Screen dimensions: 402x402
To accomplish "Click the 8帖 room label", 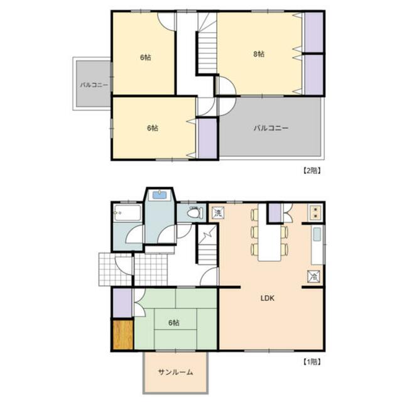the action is tap(259, 54).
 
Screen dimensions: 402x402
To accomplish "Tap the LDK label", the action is tap(268, 298).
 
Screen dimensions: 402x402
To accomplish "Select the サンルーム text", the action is tap(175, 372).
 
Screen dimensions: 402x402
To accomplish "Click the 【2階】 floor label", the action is tap(312, 171).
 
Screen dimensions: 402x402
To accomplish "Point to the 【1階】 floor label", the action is tap(312, 362).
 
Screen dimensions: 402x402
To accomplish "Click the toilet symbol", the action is tap(195, 213).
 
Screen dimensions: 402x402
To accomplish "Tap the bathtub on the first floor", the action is tap(128, 213).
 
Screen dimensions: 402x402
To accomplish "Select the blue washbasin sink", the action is tap(160, 195).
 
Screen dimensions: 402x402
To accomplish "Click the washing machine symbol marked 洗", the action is tap(218, 213).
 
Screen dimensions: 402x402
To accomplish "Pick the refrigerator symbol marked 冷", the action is tap(314, 276).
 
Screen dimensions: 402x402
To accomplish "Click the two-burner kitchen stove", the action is tap(315, 212).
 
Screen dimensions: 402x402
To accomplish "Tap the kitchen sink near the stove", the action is tap(317, 234).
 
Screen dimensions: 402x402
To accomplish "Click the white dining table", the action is tap(269, 232).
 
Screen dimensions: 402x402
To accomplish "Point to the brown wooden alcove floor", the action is tap(123, 335).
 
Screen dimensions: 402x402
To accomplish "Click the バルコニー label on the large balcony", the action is tap(271, 128).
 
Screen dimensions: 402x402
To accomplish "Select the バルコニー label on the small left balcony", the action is tap(94, 85).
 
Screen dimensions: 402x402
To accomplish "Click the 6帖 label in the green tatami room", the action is tap(174, 322).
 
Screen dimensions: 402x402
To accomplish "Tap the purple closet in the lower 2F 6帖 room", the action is tap(208, 138).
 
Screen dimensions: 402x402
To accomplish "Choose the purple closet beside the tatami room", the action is tap(122, 303).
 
